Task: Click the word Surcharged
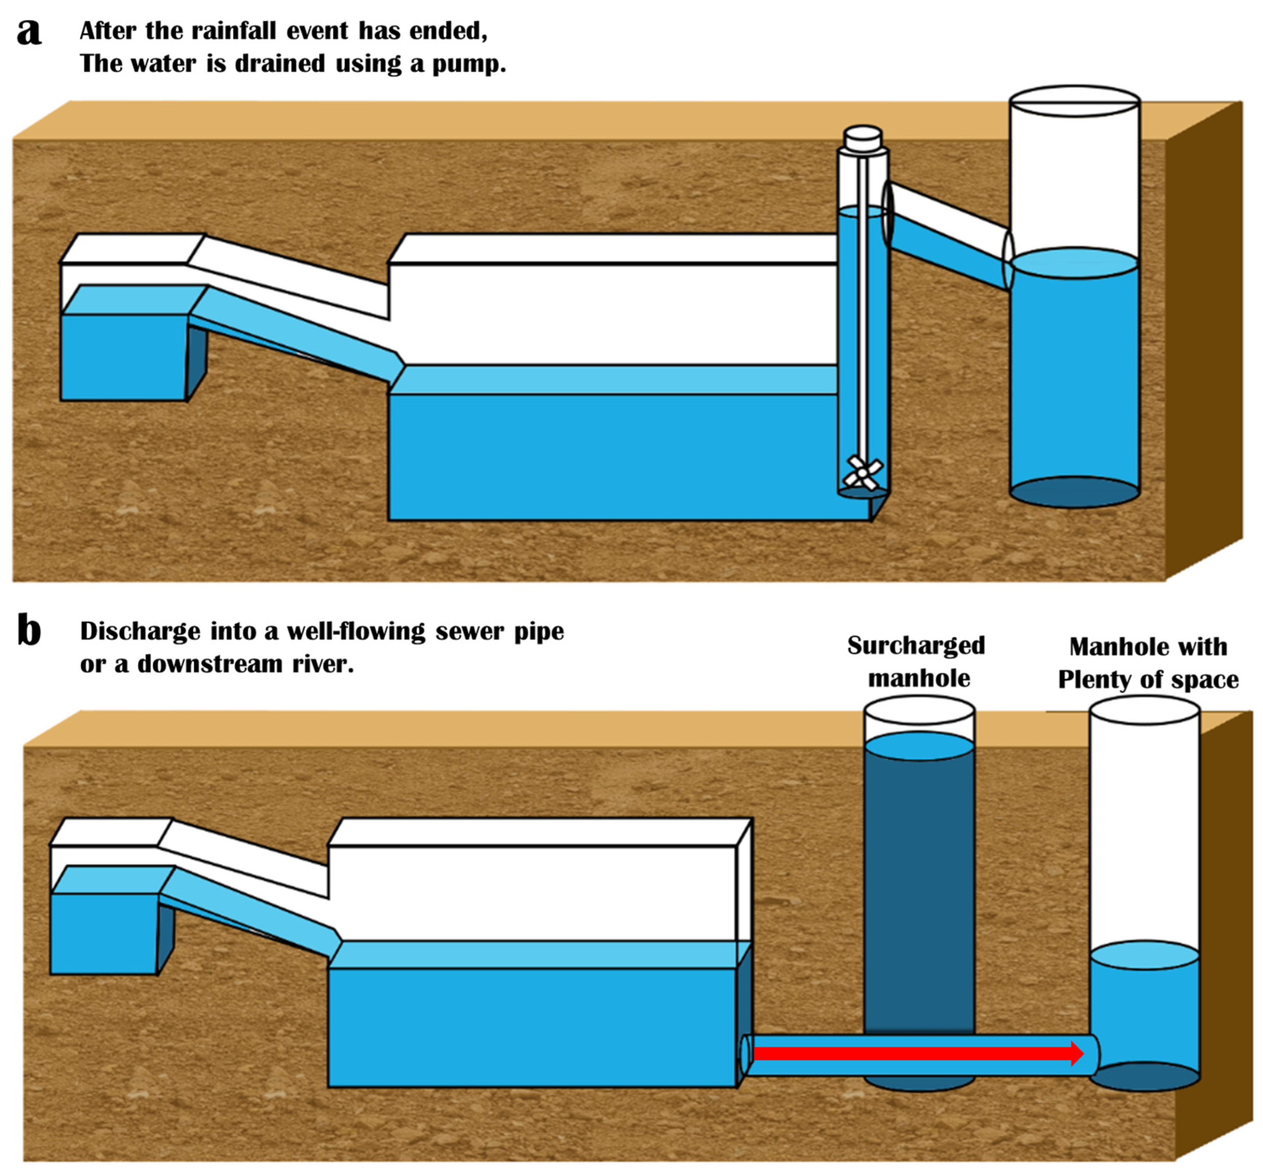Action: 916,646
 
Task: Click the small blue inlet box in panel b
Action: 104,933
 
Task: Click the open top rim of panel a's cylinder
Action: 1075,102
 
